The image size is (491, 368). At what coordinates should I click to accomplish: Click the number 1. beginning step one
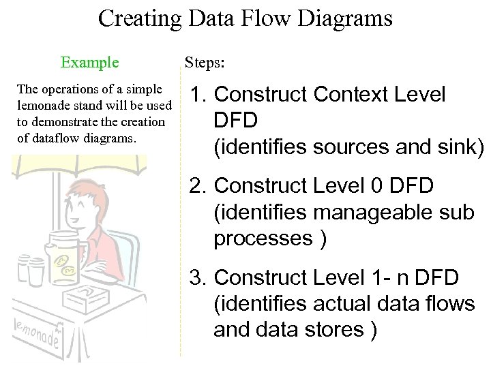click(203, 95)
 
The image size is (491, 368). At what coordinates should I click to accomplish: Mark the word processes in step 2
click(265, 239)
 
